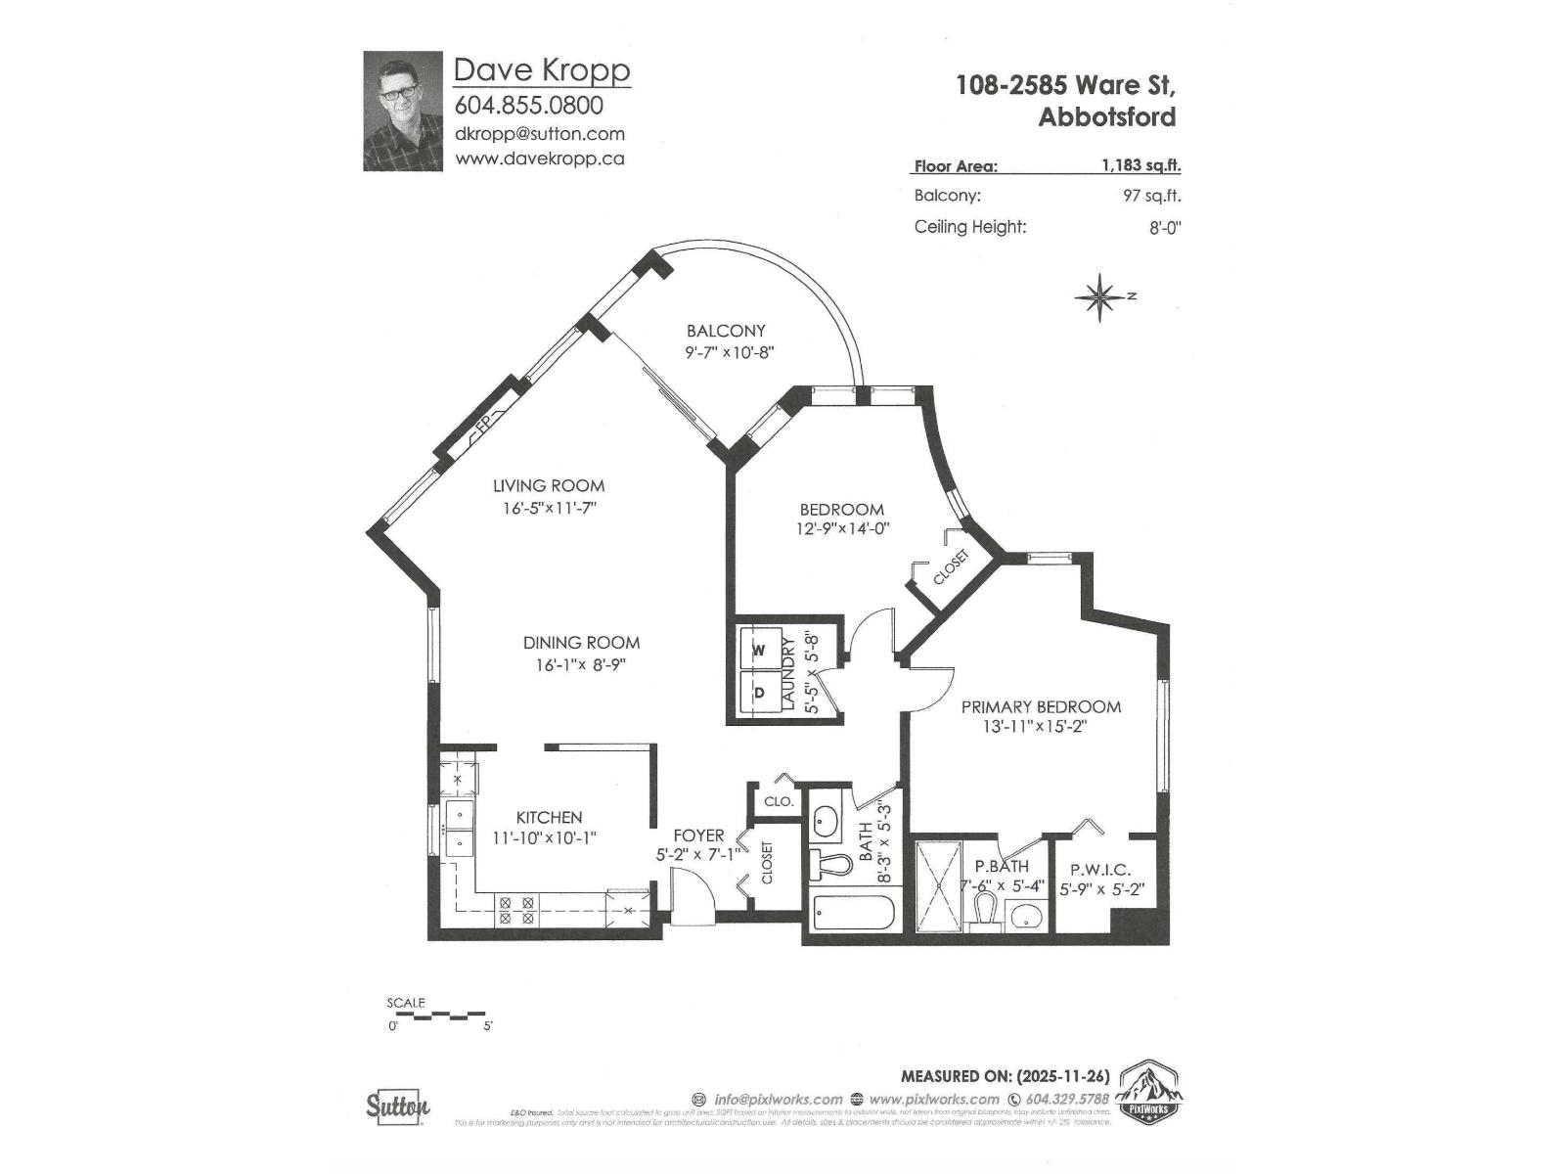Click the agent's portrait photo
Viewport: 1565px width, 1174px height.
402,112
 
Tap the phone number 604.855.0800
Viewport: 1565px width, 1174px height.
529,105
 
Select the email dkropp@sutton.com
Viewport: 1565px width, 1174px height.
540,134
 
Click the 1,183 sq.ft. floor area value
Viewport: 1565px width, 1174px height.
1140,166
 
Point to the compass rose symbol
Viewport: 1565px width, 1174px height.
1099,296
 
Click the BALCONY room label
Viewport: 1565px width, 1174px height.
726,331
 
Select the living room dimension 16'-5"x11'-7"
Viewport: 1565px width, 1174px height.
549,508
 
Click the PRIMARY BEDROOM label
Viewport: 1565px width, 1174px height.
1041,706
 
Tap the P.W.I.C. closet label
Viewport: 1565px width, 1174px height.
1100,869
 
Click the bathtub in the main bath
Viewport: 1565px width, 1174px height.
853,914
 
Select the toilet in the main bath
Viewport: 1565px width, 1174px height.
829,865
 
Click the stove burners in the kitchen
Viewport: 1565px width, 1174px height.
516,911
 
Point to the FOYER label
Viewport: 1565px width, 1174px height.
698,835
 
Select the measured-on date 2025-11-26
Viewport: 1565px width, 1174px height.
1063,1075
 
